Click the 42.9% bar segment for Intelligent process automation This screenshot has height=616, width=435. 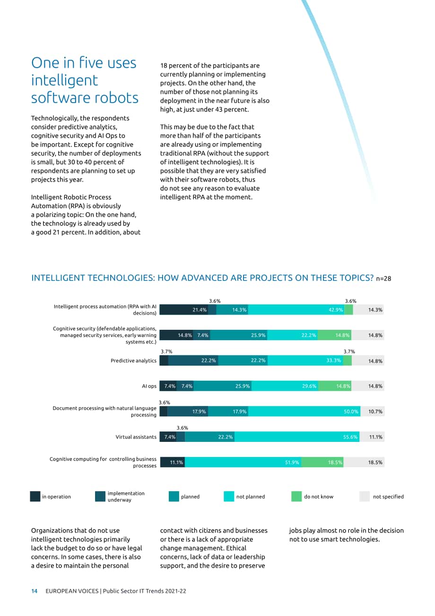point(296,309)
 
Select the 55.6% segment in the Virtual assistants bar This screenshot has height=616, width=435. point(297,437)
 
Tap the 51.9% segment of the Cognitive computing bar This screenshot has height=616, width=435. point(243,462)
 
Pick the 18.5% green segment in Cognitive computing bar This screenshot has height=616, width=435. point(322,462)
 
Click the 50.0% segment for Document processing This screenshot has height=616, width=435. point(304,412)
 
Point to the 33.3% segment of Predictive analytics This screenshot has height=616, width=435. point(305,361)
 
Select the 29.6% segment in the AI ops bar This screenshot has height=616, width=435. point(285,386)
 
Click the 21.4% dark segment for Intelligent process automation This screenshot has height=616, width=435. point(184,309)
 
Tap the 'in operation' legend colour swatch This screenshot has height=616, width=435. point(35,496)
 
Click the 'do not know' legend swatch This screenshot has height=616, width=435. point(296,496)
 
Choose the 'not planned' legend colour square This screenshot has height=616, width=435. point(229,496)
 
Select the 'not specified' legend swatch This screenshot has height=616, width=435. point(365,496)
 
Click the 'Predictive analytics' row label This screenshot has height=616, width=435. point(133,361)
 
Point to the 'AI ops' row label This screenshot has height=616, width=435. point(149,386)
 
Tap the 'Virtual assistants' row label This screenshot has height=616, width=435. point(136,437)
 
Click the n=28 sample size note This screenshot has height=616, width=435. point(383,279)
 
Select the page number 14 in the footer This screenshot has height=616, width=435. point(35,591)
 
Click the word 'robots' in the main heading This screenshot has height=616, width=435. point(115,98)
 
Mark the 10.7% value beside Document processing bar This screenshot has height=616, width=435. point(375,412)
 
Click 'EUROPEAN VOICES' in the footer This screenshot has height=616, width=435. point(72,591)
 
